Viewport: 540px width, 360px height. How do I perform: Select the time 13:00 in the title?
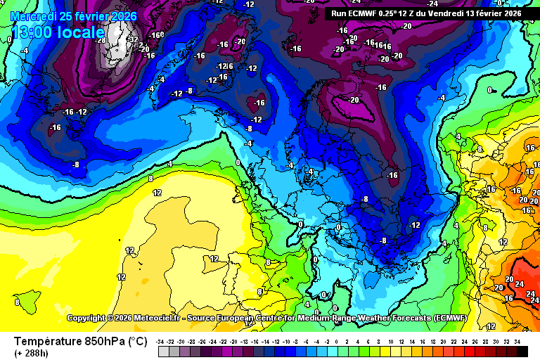35,32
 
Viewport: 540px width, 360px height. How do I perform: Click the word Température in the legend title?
46,341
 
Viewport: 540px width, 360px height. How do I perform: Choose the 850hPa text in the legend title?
103,341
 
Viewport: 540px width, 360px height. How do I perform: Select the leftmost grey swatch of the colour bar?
164,351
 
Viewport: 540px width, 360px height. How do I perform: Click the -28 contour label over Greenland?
101,41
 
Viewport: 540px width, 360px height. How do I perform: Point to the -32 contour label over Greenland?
134,39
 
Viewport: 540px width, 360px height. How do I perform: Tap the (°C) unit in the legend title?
138,341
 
